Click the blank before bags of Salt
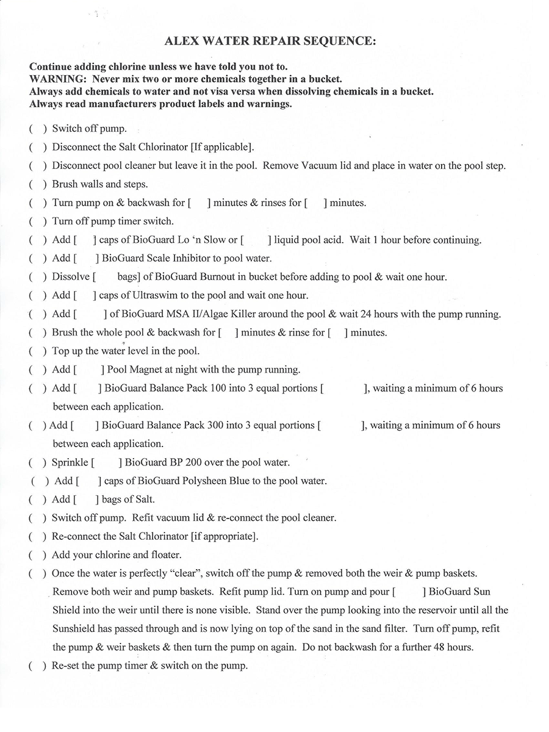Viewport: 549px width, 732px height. [86, 500]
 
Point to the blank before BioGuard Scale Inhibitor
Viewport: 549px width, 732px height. [86, 258]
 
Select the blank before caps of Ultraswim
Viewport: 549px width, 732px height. [85, 295]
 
